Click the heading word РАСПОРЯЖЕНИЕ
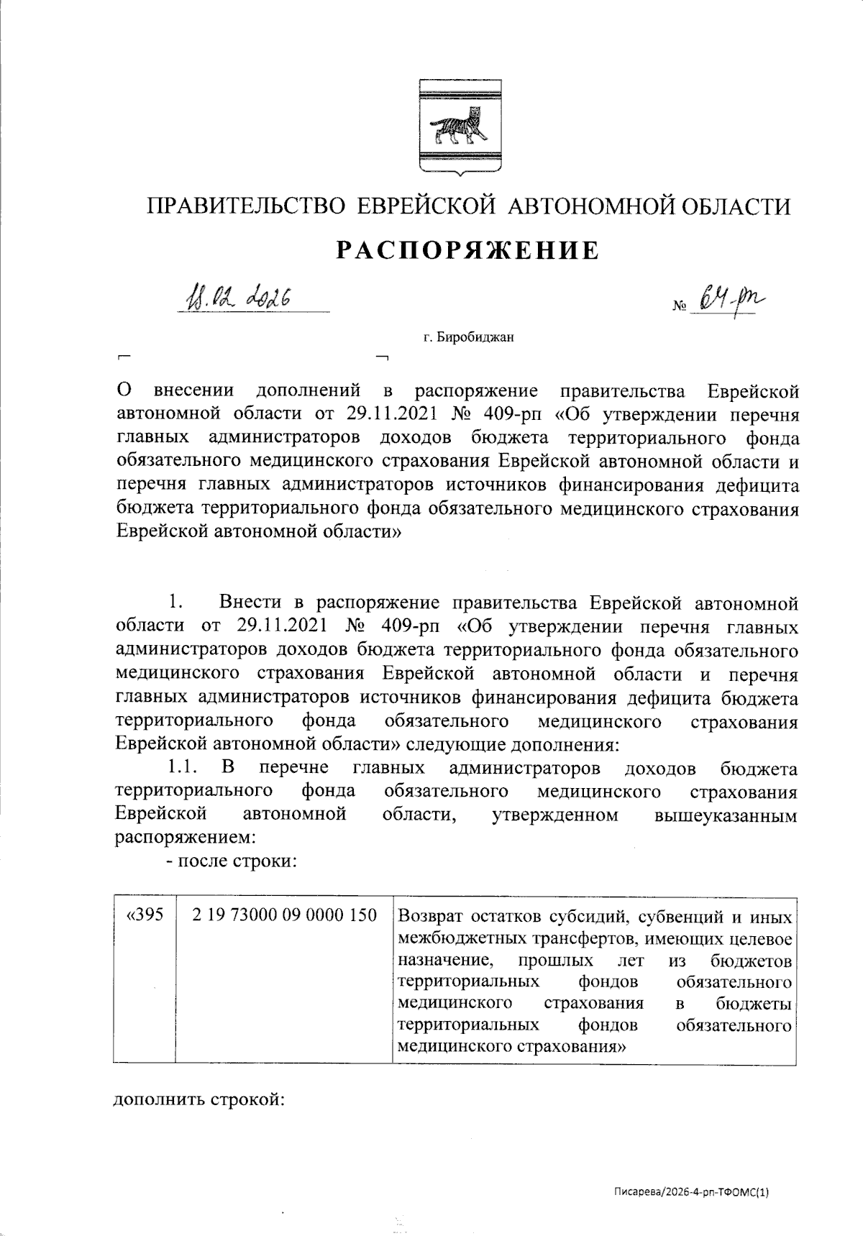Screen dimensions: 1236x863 click(x=467, y=250)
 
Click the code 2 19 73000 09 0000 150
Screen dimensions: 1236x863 click(x=285, y=916)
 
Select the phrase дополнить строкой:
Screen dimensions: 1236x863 click(x=200, y=1101)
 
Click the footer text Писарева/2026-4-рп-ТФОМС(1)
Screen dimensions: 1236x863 click(x=690, y=1192)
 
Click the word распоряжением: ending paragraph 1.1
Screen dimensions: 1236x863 click(x=186, y=838)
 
